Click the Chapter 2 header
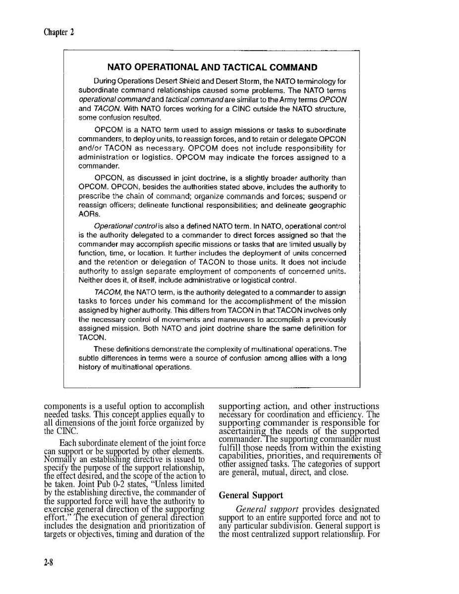[x=58, y=32]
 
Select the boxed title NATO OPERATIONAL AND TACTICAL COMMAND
[x=212, y=67]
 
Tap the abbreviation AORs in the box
[x=88, y=214]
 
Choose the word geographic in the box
[x=327, y=205]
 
